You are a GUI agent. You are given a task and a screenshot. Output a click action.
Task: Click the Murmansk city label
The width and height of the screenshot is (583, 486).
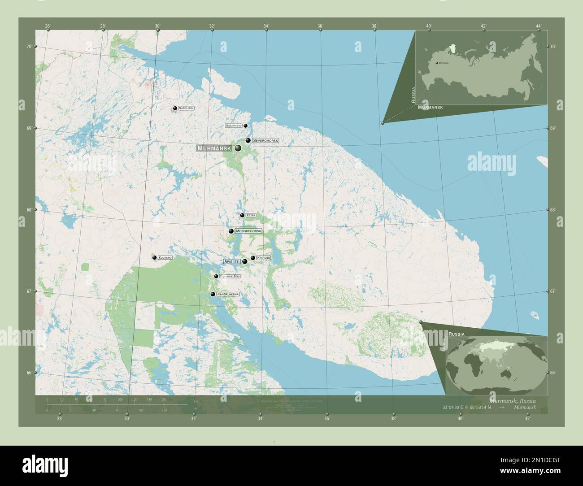point(213,148)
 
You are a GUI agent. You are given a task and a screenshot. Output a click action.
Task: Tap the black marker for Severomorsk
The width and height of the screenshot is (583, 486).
point(248,140)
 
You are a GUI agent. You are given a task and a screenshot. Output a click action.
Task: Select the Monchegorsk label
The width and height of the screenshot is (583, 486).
point(248,231)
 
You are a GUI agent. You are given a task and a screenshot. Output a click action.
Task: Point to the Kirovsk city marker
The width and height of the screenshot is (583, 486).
point(253,258)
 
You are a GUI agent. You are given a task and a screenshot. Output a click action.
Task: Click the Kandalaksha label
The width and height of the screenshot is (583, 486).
point(228,294)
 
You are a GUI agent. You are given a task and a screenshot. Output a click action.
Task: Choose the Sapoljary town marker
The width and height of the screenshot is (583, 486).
point(174,108)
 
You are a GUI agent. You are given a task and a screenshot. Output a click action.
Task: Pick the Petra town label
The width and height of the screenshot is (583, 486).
point(251,215)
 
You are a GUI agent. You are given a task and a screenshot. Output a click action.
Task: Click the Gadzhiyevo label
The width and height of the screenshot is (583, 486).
point(234,126)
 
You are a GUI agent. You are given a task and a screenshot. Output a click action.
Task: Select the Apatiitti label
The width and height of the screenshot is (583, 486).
point(231,261)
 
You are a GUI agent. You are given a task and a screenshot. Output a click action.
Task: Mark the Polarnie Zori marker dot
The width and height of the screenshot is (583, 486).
point(216,276)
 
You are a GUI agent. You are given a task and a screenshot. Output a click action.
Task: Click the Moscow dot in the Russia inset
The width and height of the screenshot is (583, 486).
point(437,63)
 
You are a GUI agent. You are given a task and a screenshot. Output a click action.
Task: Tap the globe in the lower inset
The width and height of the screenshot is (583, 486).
point(496,358)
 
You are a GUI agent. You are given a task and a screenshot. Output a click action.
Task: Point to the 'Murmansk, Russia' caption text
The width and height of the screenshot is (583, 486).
point(513,400)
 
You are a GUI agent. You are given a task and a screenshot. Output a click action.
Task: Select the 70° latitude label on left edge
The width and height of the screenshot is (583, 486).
point(29,47)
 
